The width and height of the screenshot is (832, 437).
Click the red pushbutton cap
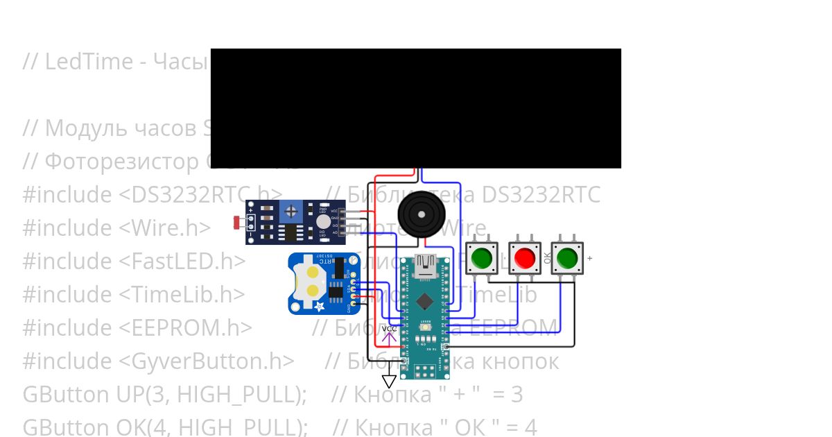(x=524, y=258)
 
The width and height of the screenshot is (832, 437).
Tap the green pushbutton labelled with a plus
(x=566, y=258)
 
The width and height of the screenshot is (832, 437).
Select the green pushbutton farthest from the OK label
(x=482, y=258)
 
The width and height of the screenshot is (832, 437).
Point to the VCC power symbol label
(x=389, y=329)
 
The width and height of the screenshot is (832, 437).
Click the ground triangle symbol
(x=389, y=381)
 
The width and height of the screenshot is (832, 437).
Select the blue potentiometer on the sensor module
(x=292, y=210)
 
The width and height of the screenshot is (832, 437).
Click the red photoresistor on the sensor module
(x=238, y=223)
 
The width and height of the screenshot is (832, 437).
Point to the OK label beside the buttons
(x=548, y=257)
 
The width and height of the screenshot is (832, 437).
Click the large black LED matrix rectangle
(x=415, y=108)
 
